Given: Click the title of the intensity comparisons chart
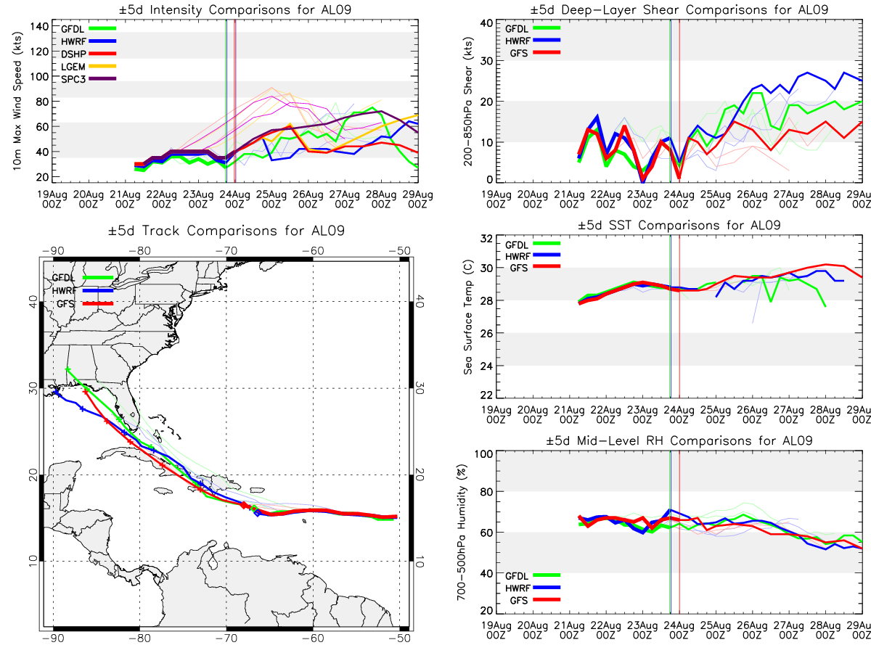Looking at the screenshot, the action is (235, 9).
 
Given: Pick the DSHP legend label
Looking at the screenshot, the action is (73, 54).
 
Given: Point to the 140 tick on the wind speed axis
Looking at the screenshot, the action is (39, 27).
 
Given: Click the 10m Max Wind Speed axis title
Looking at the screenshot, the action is (17, 101).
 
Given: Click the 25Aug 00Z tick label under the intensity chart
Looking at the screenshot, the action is (271, 200).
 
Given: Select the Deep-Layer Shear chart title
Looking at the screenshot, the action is (679, 9).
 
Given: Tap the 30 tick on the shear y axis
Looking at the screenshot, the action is (487, 61).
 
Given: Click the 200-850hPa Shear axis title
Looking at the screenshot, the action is (468, 102).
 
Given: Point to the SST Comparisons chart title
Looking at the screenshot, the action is (679, 225).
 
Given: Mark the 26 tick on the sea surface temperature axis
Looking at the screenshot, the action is (486, 333).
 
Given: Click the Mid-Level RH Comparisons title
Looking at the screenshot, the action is (679, 441).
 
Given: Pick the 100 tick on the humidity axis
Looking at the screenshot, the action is (483, 453).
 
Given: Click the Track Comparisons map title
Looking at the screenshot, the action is (226, 231).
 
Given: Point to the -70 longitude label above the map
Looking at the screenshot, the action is (226, 251).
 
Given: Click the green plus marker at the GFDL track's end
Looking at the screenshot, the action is (68, 369).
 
